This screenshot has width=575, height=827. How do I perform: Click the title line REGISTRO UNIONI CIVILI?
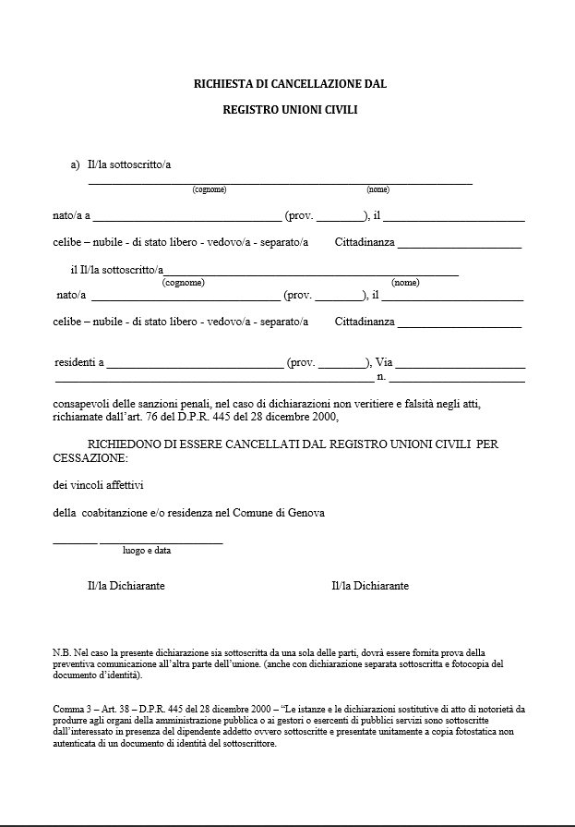point(290,109)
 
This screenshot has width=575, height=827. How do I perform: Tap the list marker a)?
point(76,164)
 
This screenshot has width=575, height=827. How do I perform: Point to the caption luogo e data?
point(146,551)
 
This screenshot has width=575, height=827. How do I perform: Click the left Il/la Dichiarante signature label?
point(126,586)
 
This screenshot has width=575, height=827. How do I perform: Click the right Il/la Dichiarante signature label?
point(370,586)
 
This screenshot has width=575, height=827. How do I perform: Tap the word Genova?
point(306,513)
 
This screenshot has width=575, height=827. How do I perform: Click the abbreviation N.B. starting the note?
point(63,652)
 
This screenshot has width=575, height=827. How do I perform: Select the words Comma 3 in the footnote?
point(76,709)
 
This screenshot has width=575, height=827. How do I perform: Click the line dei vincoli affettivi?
point(99,484)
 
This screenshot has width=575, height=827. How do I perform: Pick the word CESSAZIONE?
point(90,457)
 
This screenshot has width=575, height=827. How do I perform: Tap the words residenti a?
point(78,363)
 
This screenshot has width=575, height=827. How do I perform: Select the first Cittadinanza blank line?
point(460,247)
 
